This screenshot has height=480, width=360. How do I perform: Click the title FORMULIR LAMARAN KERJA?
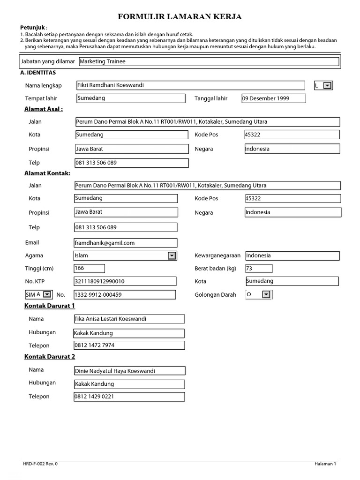tap(180, 17)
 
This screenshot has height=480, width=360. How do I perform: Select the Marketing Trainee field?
tap(209, 61)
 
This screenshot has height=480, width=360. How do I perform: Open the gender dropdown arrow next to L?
tap(328, 85)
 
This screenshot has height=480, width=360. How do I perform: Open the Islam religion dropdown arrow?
tap(172, 255)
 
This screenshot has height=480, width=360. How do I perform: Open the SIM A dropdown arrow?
tap(47, 294)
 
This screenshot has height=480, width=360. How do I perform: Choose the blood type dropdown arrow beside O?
tap(266, 294)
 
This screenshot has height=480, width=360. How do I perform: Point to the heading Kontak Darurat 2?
tap(50, 357)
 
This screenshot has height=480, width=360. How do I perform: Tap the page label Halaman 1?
tap(325, 464)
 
